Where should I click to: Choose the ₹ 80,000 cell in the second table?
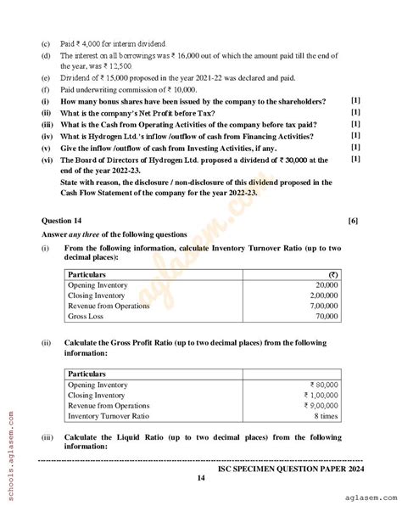click(x=321, y=385)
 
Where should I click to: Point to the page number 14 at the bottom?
click(x=201, y=478)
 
